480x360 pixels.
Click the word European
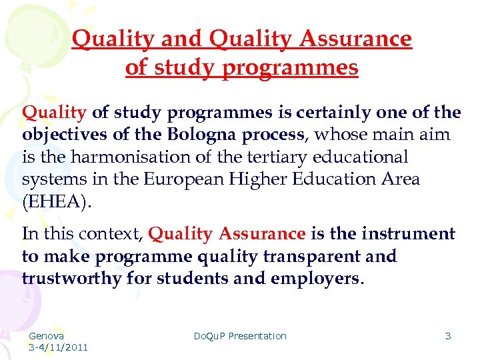pos(178,180)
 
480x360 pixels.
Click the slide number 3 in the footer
pos(448,336)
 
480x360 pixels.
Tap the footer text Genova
pos(46,336)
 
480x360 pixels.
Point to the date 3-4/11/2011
pos(58,347)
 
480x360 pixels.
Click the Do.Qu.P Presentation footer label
pos(240,336)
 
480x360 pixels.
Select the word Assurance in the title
pos(355,39)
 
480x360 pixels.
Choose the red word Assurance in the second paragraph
pos(262,234)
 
